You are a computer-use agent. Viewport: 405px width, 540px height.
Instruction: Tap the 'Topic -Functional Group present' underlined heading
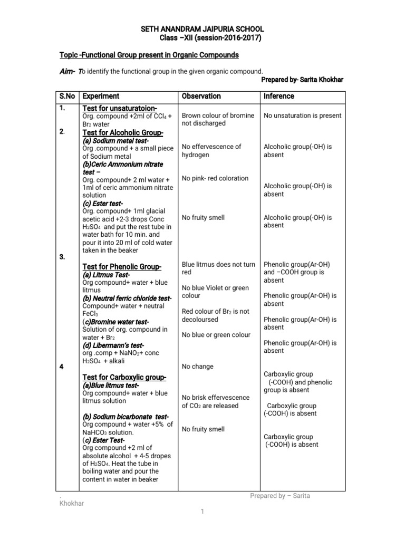tap(149, 55)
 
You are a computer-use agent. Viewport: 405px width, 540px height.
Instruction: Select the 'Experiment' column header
tap(101, 96)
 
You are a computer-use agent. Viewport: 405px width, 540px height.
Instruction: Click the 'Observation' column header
tap(201, 96)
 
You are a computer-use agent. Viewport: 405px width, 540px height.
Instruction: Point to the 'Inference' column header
tap(279, 96)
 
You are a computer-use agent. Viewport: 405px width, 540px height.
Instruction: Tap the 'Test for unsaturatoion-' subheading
tap(120, 108)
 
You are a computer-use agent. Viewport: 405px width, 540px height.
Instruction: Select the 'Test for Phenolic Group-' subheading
tap(122, 267)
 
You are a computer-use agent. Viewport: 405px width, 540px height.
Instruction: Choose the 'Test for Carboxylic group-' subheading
tap(124, 377)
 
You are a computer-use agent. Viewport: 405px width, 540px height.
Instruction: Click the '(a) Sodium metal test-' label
tap(115, 141)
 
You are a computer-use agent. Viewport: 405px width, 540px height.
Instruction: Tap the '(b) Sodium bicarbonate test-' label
tap(126, 417)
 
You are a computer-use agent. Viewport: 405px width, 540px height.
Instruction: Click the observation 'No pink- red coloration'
tap(215, 178)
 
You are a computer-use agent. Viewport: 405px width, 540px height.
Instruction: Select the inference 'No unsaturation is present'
tap(302, 115)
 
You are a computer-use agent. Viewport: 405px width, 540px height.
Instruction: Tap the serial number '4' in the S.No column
tap(62, 367)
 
